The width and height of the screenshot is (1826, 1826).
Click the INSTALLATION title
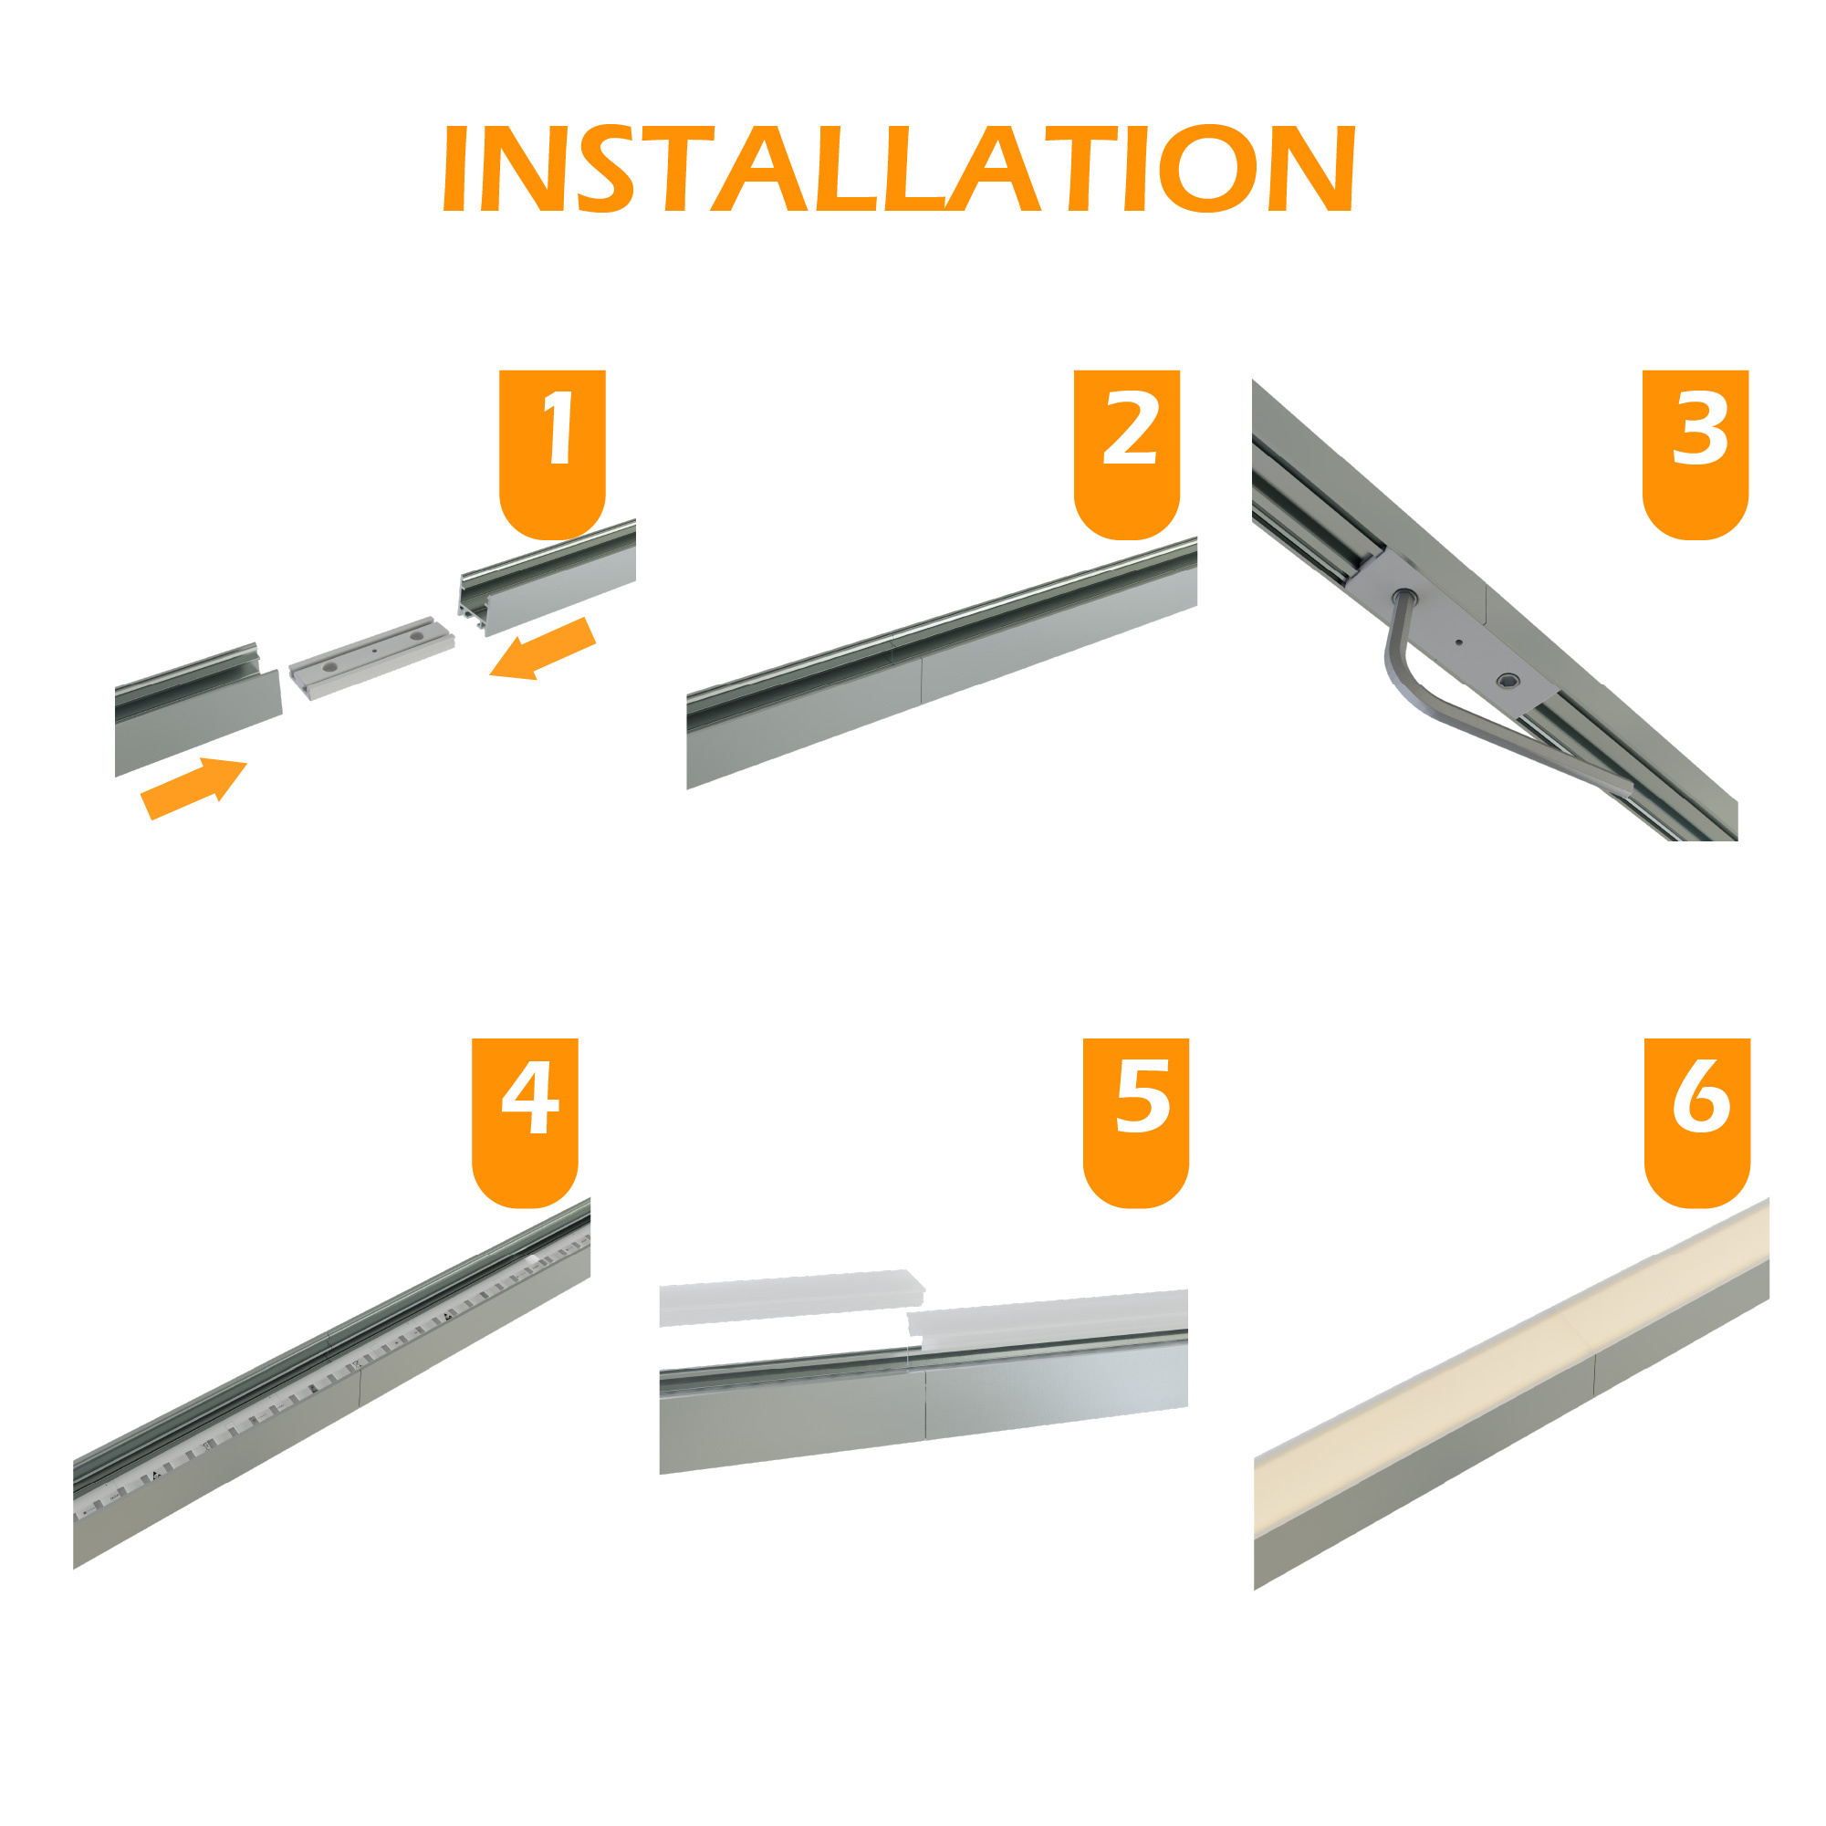click(x=898, y=168)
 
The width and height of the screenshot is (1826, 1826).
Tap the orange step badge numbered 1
click(x=552, y=452)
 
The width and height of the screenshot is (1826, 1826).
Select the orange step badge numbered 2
click(x=1127, y=452)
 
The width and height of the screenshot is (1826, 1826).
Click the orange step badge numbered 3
click(x=1696, y=452)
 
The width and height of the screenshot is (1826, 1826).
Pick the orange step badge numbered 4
click(x=525, y=1120)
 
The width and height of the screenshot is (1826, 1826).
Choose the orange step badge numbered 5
click(x=1135, y=1120)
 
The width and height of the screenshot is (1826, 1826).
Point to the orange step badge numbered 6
click(x=1697, y=1120)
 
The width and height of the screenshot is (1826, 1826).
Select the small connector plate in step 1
click(x=371, y=659)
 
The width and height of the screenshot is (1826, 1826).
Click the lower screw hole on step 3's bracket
click(x=1508, y=681)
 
